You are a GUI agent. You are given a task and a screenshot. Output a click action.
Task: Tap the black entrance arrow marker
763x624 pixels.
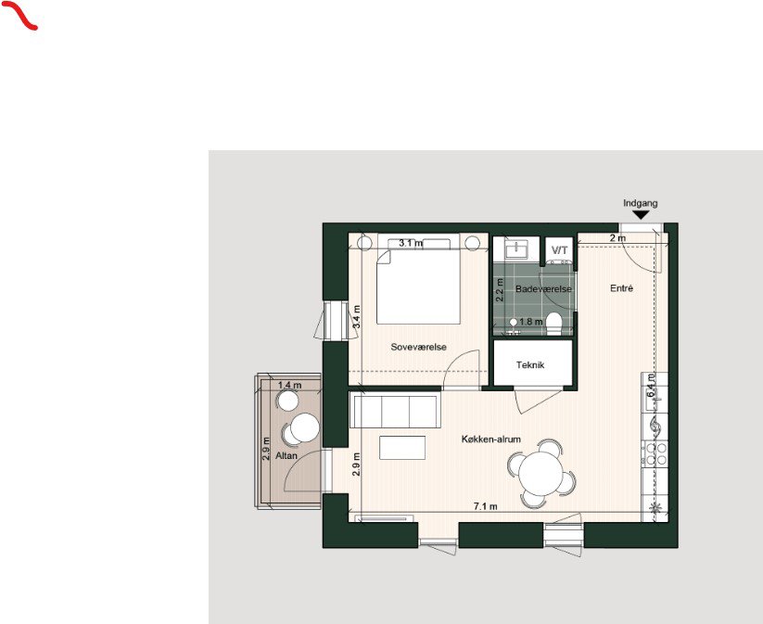coord(640,214)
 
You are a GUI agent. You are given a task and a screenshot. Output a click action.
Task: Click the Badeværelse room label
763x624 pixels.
coord(543,289)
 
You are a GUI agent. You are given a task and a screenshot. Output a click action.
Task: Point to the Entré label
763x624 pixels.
coord(621,289)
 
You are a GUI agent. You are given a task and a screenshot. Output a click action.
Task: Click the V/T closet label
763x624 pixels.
coord(559,250)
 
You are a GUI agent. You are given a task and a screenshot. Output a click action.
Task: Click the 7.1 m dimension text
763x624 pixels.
coord(486,506)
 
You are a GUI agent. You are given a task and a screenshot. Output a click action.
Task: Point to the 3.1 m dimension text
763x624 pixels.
coord(411,243)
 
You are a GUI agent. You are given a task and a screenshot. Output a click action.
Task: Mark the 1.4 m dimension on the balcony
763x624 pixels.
coord(289,384)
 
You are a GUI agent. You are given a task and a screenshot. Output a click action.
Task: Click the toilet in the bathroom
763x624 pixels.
coord(554,322)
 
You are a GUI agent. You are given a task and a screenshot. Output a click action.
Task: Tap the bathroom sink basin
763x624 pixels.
coord(516,249)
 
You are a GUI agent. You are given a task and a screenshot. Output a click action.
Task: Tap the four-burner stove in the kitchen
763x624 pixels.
coord(657,452)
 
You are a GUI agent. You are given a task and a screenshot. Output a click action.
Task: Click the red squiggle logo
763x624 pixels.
coord(25,16)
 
